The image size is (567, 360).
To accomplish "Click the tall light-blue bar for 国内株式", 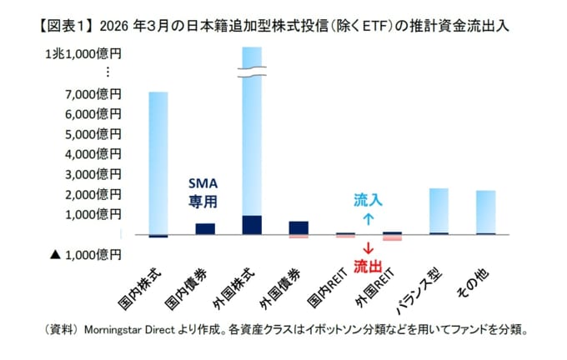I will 158,158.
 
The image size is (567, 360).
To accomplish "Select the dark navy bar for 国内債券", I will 205,228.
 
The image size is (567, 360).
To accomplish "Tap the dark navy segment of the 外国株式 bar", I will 252,224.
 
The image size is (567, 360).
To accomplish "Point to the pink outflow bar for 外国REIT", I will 392,238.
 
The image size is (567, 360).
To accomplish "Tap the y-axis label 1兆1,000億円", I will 83,54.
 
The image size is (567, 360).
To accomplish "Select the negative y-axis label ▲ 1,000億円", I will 86,253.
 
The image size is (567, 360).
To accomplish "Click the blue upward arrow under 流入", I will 368,220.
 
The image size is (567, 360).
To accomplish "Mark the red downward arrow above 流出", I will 368,249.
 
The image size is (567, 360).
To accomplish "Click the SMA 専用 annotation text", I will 202,192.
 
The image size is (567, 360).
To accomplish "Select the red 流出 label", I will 368,267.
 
